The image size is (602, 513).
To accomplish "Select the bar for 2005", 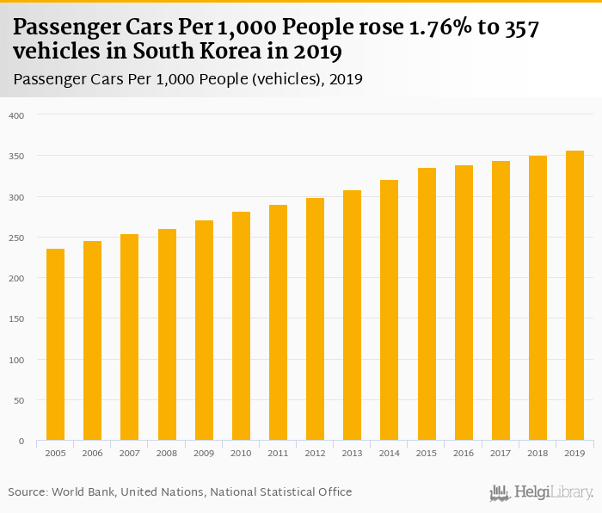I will pos(55,344).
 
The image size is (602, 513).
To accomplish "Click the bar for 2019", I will pos(574,296).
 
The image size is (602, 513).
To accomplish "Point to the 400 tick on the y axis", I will pos(18,115).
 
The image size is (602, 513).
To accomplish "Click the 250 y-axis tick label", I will pos(18,238).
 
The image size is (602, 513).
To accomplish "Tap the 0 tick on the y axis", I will pos(22,442).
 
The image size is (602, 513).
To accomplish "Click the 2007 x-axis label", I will pos(130,453).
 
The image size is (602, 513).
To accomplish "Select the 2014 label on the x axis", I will pos(390,453).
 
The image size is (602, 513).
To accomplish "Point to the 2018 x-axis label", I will pos(537,453).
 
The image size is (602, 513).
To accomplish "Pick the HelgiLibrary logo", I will pos(542,492).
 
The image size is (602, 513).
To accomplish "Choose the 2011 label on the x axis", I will pos(278,453).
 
